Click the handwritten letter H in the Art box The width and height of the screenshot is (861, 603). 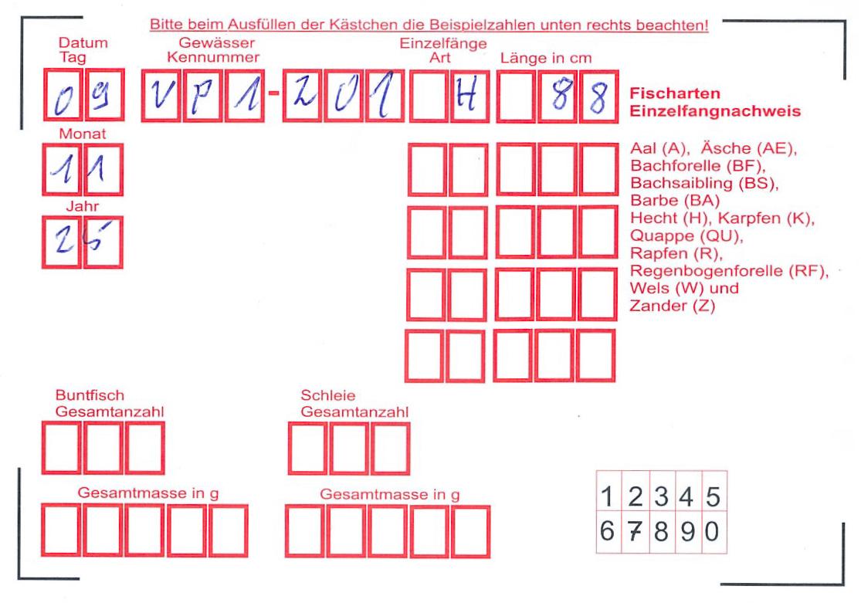click(x=466, y=97)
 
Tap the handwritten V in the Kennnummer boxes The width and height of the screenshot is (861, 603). click(x=161, y=96)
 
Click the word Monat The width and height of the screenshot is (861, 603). click(x=83, y=134)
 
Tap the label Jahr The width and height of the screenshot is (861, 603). click(x=83, y=206)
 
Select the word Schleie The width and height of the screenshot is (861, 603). click(x=328, y=395)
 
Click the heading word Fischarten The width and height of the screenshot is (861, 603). click(x=675, y=93)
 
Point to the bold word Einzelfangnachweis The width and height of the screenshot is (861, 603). click(x=715, y=111)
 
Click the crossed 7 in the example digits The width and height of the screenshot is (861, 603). click(x=635, y=532)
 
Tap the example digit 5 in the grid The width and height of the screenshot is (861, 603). click(x=713, y=497)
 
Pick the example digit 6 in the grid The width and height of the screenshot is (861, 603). click(x=607, y=532)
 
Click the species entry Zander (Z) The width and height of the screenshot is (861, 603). click(x=672, y=305)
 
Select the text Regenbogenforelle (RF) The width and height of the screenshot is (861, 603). click(x=729, y=271)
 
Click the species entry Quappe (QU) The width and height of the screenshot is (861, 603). click(x=686, y=235)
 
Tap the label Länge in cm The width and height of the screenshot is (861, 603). click(x=546, y=58)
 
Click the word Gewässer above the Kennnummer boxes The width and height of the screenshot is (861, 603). click(x=217, y=42)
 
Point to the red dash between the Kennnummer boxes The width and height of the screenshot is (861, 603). click(x=273, y=93)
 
